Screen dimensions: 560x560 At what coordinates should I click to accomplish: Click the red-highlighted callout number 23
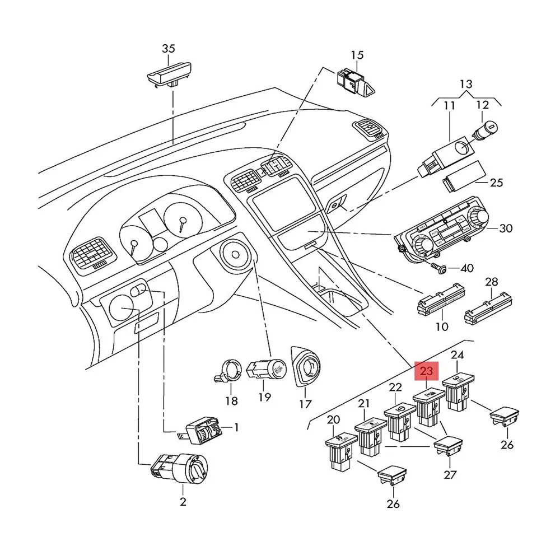(x=427, y=371)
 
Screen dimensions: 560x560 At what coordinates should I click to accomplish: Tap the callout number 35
(x=169, y=49)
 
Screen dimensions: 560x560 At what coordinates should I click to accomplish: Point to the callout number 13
(x=466, y=85)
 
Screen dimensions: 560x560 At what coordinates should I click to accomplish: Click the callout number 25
(x=496, y=183)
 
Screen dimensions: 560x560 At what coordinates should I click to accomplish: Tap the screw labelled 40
(x=439, y=269)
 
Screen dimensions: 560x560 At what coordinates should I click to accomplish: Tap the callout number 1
(x=236, y=427)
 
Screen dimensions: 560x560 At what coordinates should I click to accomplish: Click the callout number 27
(x=450, y=475)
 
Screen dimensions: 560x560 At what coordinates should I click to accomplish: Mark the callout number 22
(x=396, y=387)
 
